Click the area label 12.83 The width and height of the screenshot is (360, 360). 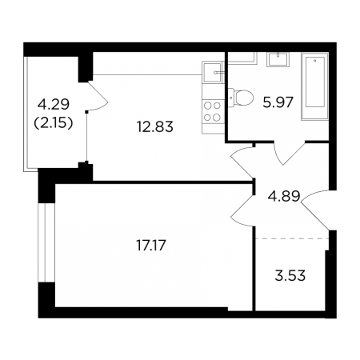coord(155,126)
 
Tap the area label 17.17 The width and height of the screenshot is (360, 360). coord(151,246)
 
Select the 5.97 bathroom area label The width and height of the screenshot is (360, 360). coord(278,102)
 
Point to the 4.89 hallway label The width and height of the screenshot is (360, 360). coord(284,197)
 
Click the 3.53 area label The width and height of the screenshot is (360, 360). coord(290,275)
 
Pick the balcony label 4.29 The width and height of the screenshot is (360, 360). coord(54,104)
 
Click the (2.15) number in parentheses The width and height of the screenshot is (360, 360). coord(54,123)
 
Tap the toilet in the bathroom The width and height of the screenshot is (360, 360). coord(241,98)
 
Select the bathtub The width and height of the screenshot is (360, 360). coord(315,86)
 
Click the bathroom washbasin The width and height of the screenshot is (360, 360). coord(278,59)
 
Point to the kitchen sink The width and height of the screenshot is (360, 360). coord(212,72)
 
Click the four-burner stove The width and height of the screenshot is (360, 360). coord(213,111)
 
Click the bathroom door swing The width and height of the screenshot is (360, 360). coord(290,158)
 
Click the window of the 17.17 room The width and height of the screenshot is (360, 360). coord(46,242)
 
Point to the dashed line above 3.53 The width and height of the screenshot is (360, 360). coord(292,238)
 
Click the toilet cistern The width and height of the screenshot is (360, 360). coord(231,98)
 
